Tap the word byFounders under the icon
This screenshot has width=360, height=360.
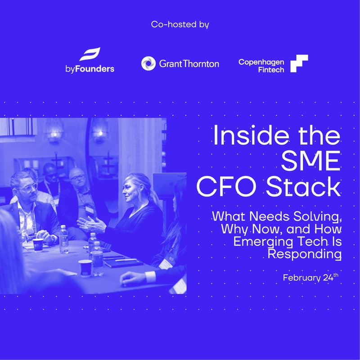pyautogui.click(x=90, y=69)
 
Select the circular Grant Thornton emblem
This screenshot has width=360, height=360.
pyautogui.click(x=148, y=63)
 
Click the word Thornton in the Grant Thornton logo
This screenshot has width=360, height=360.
pyautogui.click(x=201, y=63)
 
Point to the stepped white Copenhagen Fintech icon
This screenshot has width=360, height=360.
pyautogui.click(x=299, y=63)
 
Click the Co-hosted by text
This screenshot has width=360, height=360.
pyautogui.click(x=180, y=24)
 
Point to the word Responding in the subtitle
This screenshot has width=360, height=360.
pyautogui.click(x=305, y=254)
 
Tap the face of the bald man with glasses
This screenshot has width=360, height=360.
pyautogui.click(x=77, y=179)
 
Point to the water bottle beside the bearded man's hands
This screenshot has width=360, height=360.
pyautogui.click(x=63, y=238)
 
